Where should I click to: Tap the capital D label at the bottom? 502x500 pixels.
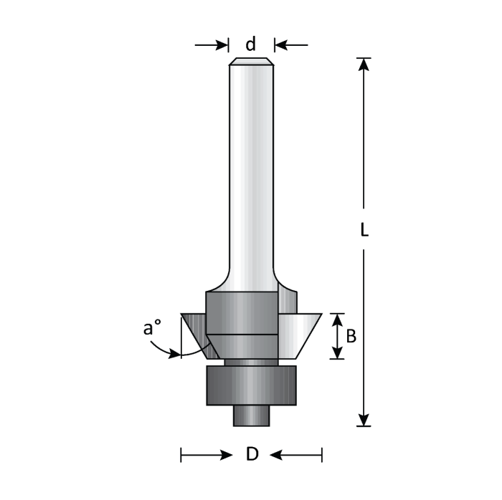(x=252, y=454)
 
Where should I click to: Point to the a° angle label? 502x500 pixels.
(x=150, y=330)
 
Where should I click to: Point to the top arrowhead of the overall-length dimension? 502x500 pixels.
(x=364, y=65)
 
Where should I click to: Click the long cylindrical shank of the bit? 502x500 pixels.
(x=250, y=172)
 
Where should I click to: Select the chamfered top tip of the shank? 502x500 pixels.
(x=250, y=62)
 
